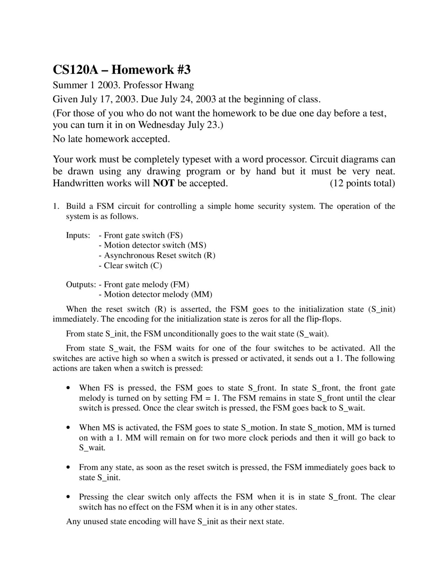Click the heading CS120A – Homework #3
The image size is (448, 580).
click(121, 70)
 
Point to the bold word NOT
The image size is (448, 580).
click(163, 183)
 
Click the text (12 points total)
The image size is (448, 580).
click(362, 183)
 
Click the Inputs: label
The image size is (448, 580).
click(78, 235)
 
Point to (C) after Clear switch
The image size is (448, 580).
click(156, 265)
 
